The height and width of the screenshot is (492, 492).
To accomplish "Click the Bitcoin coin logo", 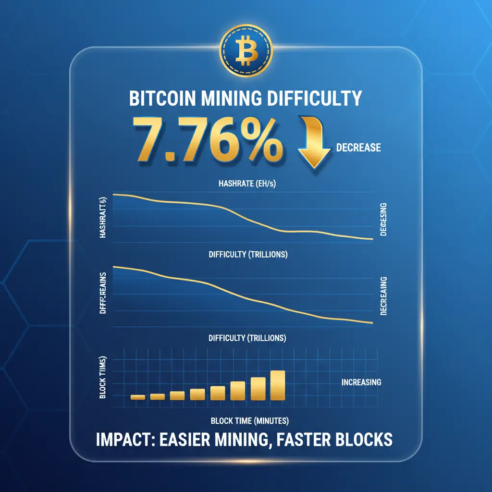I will point(246,50).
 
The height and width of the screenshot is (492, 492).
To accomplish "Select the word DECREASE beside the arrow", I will point(359,147).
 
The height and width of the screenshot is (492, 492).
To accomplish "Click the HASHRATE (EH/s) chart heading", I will point(246,183).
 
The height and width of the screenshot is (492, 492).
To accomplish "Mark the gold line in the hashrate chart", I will point(240,212).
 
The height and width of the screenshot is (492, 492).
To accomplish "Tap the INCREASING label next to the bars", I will point(361,382).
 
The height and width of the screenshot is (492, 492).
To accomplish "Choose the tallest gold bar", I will point(278,385).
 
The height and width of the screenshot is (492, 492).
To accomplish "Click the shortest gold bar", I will point(138,397).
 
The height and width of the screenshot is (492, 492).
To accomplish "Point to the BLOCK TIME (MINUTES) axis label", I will point(249,421).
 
